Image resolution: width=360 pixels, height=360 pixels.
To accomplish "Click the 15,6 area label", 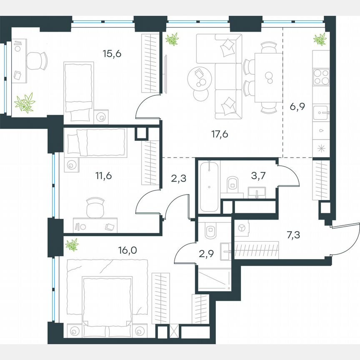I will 112,54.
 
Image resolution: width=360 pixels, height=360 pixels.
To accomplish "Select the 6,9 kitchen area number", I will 297,106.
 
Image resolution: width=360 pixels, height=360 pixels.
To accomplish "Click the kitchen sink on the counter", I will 321,112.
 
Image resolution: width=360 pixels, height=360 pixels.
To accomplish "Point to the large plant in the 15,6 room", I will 25,103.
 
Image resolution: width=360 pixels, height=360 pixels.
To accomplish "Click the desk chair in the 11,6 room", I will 95,207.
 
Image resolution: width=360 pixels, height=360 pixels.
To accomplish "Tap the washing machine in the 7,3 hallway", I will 241,228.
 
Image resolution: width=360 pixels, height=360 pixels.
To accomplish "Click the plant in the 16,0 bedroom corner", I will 72,245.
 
